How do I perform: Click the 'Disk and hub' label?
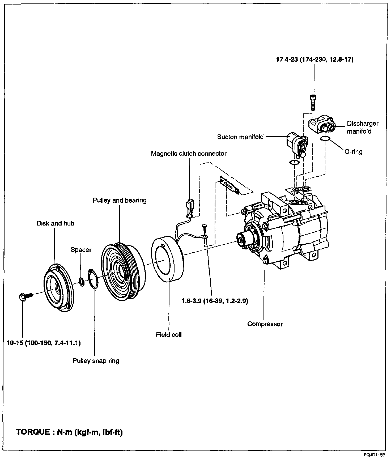point(55,223)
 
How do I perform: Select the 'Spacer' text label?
point(81,250)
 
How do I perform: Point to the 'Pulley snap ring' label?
point(96,361)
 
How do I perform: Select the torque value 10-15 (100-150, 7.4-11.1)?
point(44,343)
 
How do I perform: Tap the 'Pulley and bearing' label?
point(120,200)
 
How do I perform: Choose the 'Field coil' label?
point(169,335)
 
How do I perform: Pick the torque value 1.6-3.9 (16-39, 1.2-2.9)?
point(215,301)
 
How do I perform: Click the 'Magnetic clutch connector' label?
point(189,154)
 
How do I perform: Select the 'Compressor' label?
point(265,324)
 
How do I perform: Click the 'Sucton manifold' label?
point(240,137)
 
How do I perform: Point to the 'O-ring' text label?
point(353,152)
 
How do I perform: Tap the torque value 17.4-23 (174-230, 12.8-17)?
point(315,59)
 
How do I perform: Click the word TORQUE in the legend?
point(33,432)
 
